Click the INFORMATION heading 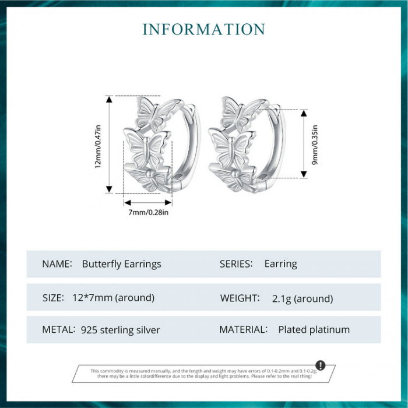tap(204, 29)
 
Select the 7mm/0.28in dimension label tap(149, 212)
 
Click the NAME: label tap(57, 264)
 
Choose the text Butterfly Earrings tap(121, 264)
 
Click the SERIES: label tap(236, 264)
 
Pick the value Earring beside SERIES tap(280, 264)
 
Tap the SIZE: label tap(53, 297)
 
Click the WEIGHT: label tap(240, 298)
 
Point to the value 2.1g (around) tap(303, 298)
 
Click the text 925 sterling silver tap(120, 330)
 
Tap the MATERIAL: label tap(244, 329)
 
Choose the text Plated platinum tap(314, 330)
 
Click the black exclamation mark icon tap(320, 365)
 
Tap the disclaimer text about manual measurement tap(201, 374)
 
